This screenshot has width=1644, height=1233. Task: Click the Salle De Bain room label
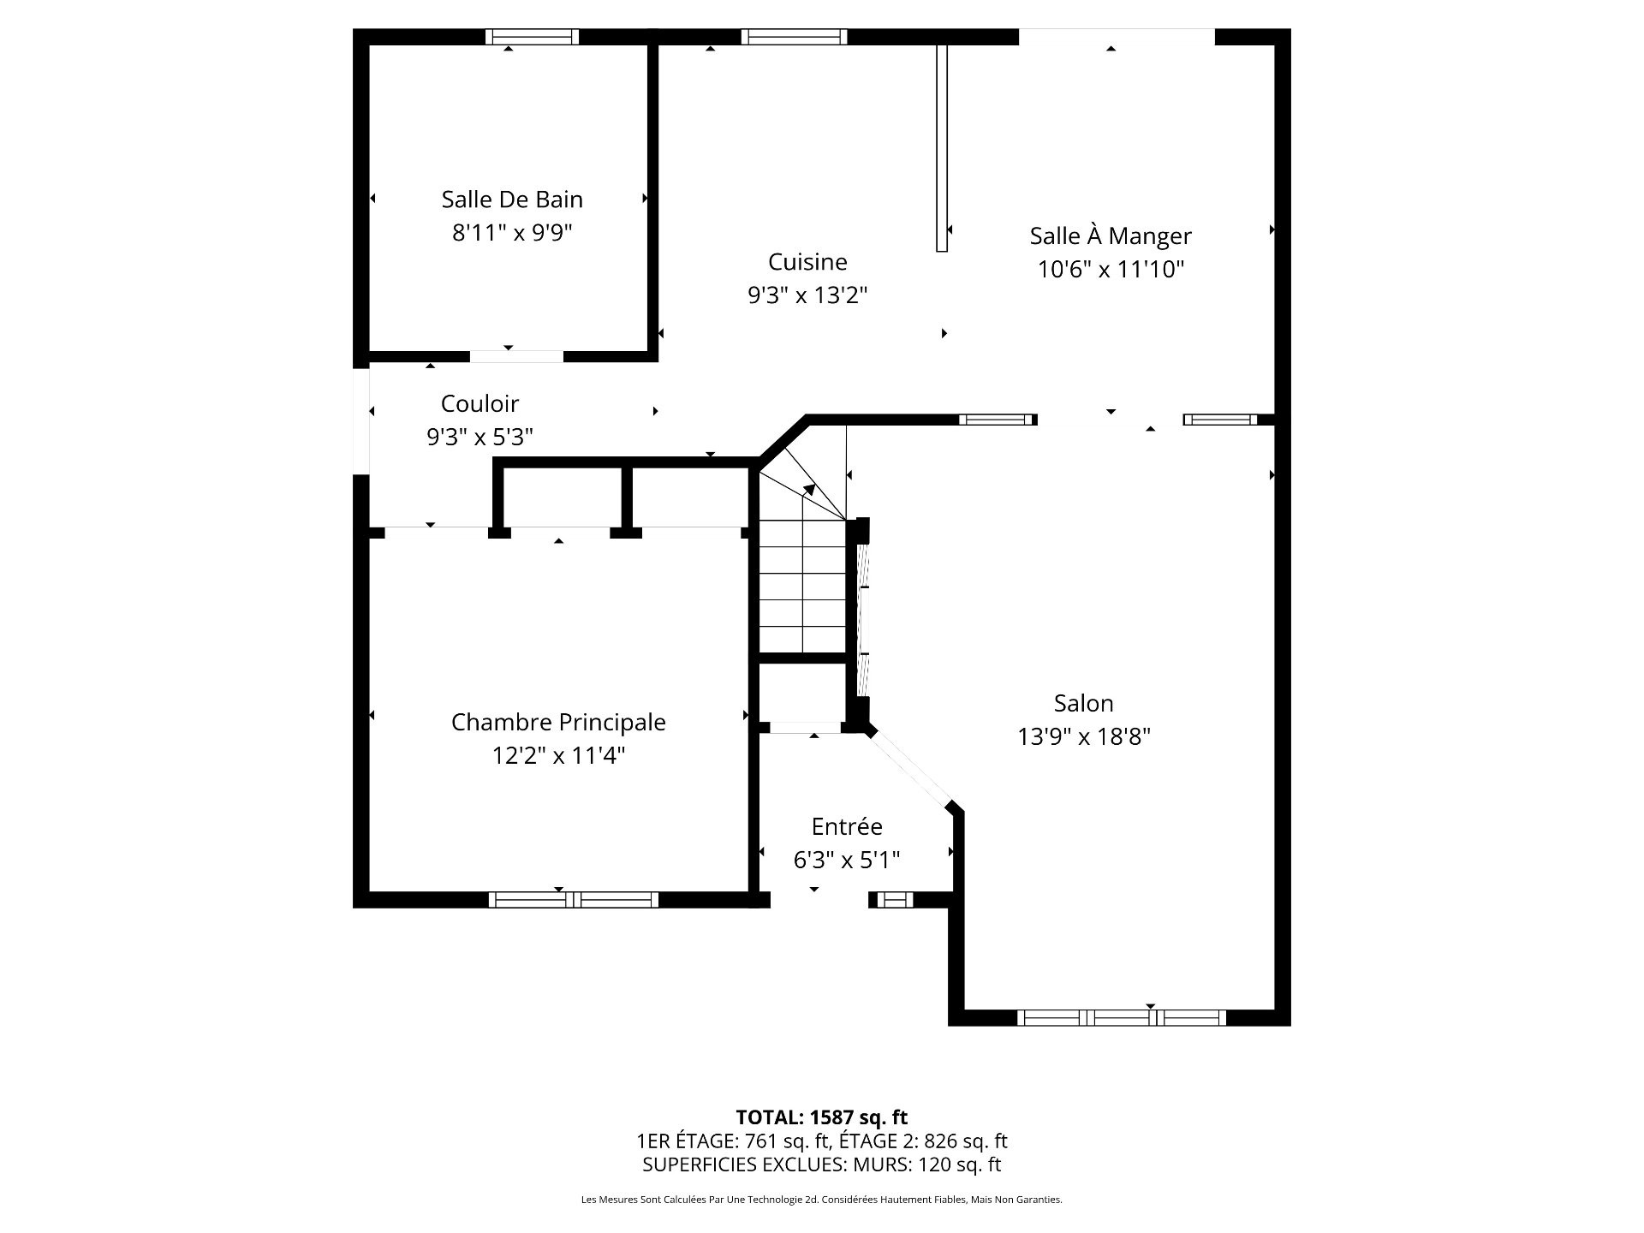tap(512, 200)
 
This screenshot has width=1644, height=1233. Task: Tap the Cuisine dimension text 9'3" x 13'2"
tap(807, 295)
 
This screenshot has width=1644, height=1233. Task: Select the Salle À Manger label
tap(1111, 235)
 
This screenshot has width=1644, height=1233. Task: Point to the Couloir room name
tap(479, 403)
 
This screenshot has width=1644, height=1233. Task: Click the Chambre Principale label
tap(558, 722)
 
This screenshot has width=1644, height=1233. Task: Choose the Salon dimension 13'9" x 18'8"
tap(1084, 736)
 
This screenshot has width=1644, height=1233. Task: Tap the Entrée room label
tap(847, 826)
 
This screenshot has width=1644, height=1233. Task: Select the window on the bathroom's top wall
tap(532, 37)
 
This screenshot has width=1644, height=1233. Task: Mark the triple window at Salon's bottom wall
tap(1122, 1018)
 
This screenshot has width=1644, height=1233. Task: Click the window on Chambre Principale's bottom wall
tap(574, 900)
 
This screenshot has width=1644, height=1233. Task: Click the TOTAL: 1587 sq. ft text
tap(822, 1117)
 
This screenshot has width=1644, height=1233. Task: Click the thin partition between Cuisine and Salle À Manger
tap(942, 148)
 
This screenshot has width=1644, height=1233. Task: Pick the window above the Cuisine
tap(794, 37)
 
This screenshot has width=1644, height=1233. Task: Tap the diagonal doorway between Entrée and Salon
tap(911, 767)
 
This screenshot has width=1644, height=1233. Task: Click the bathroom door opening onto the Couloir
tap(517, 356)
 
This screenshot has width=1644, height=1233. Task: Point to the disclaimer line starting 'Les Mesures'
tap(822, 1200)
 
